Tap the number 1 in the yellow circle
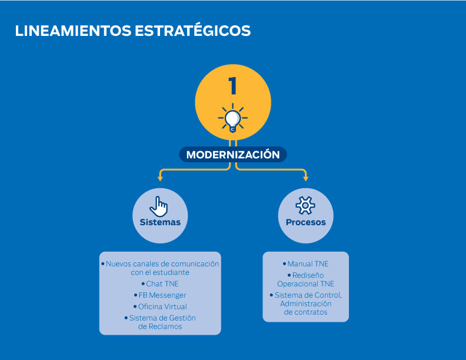coord(233,86)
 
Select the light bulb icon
coord(233,118)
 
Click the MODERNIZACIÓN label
coord(233,155)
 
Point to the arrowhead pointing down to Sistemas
coord(159,178)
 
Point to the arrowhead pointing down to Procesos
coord(305,178)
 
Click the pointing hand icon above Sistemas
coord(159,206)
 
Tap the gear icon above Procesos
coord(305,205)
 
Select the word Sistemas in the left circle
coord(160,222)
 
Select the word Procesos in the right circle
coord(305,222)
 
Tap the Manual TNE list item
coord(307,264)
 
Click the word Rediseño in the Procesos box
coord(308,275)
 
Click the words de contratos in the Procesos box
coord(305,312)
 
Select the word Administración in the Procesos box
coord(306,304)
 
